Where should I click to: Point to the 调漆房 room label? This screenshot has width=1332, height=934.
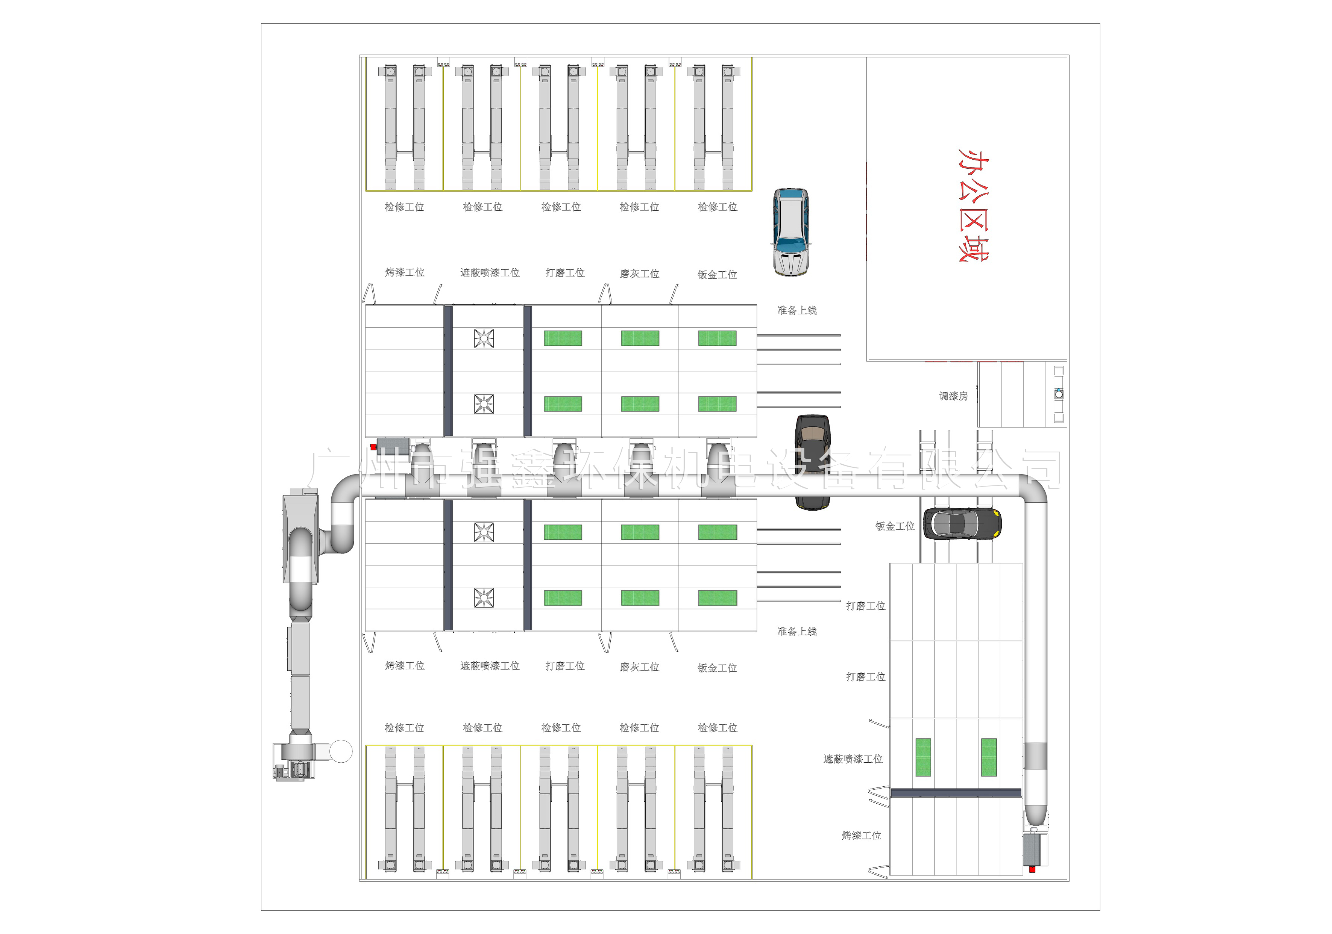(x=953, y=396)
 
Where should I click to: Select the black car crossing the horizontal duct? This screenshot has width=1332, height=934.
(x=812, y=461)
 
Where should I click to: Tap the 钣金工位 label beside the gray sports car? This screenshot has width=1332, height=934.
(x=895, y=526)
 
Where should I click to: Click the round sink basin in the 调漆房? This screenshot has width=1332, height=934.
(x=1059, y=394)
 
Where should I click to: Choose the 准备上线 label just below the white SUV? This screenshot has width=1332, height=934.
(x=796, y=310)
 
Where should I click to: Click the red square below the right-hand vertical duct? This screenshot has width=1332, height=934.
(x=1032, y=869)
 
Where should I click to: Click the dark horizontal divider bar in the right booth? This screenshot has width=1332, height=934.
(x=956, y=792)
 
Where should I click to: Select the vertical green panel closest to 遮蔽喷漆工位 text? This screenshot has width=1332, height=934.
(x=923, y=757)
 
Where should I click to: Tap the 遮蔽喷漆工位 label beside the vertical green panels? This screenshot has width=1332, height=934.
(x=852, y=759)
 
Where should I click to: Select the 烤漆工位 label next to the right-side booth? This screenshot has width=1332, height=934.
(x=861, y=836)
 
